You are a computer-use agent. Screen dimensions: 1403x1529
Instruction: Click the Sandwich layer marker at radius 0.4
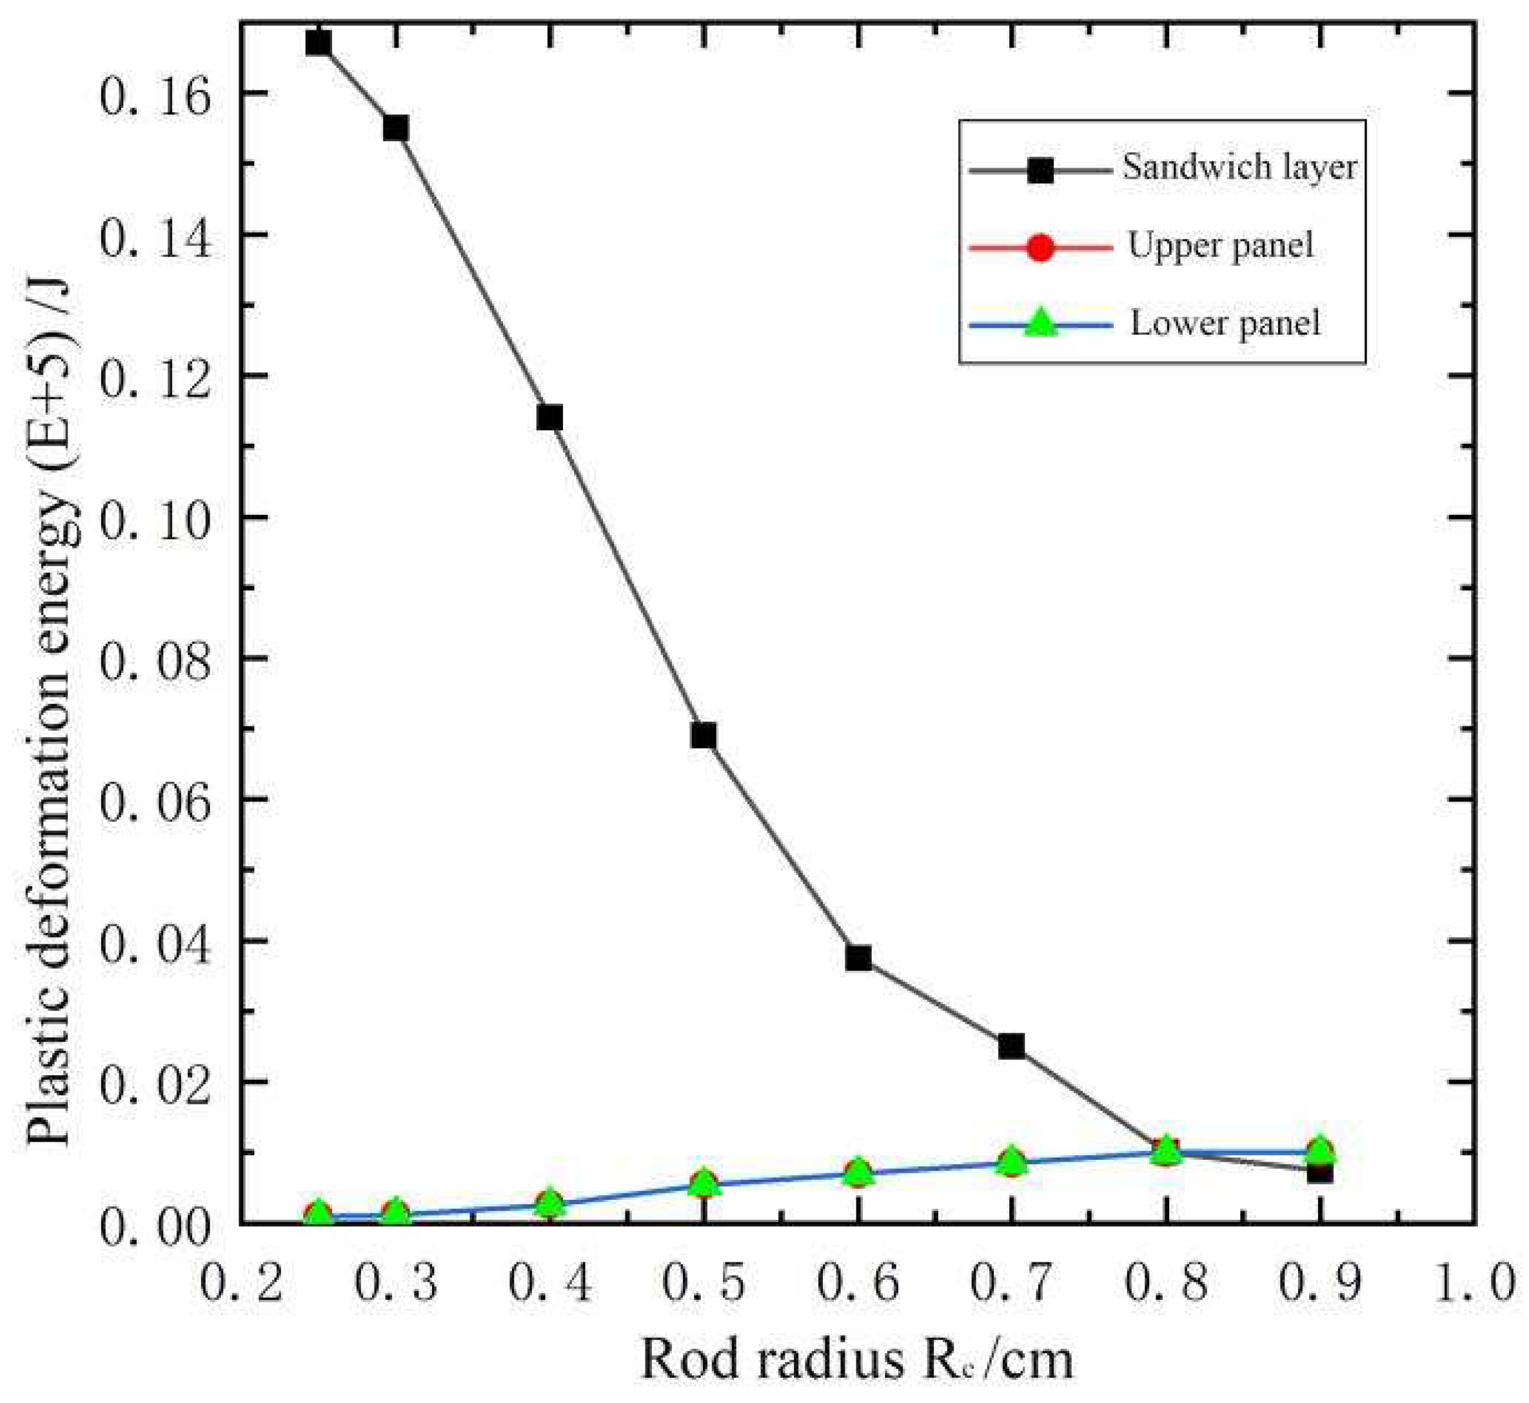click(x=549, y=417)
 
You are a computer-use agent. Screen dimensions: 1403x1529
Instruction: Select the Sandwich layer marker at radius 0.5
click(x=704, y=735)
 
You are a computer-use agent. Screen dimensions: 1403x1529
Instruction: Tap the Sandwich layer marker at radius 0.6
click(x=858, y=958)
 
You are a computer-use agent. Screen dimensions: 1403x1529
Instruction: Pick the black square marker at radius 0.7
click(x=1012, y=1046)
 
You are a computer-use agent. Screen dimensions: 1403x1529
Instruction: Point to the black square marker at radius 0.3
click(x=395, y=128)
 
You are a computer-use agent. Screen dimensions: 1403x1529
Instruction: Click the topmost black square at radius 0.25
click(x=319, y=43)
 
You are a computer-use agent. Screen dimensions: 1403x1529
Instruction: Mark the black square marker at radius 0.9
click(x=1319, y=1171)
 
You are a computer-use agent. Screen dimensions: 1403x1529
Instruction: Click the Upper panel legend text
click(x=1220, y=246)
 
